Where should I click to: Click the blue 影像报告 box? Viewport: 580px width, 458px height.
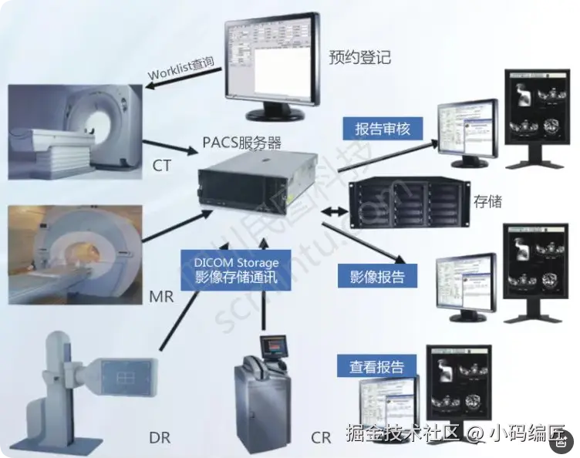377,275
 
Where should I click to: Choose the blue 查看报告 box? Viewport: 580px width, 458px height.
376,366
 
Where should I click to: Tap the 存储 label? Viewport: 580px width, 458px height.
488,202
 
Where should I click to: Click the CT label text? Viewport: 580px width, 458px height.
162,166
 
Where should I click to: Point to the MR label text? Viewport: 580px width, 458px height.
162,296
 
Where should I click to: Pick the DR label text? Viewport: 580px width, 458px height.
160,437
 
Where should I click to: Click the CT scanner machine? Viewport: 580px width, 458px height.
73,135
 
